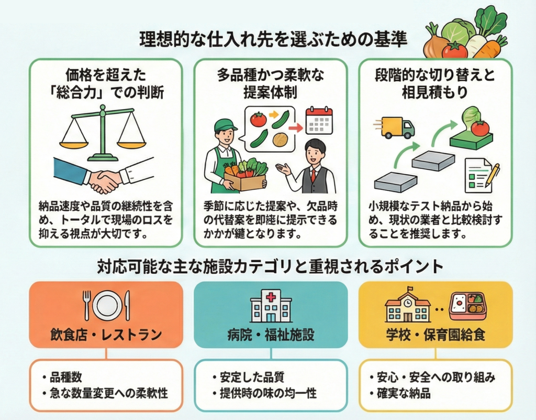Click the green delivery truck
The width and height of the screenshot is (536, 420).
[x=395, y=127]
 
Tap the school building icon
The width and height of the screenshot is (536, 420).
[x=407, y=307]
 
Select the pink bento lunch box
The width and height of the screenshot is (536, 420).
[x=467, y=304]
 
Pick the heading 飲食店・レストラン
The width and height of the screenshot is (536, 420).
[x=106, y=334]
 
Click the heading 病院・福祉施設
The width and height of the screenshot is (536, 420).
[x=271, y=334]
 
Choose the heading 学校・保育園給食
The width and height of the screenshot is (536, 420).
[x=435, y=334]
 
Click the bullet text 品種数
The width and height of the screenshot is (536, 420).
[x=66, y=377]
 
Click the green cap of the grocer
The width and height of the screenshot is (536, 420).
[x=226, y=125]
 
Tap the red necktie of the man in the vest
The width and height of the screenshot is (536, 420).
[x=313, y=173]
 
